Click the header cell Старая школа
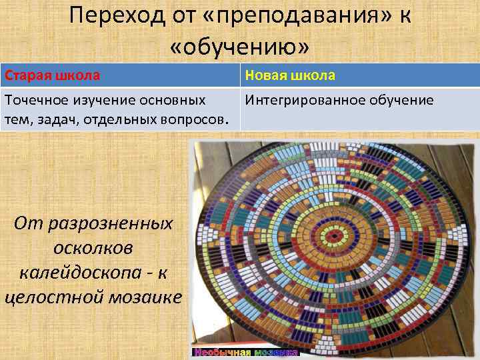52,75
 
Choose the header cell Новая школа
290,75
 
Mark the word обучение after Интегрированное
399,101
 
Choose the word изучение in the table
108,101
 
